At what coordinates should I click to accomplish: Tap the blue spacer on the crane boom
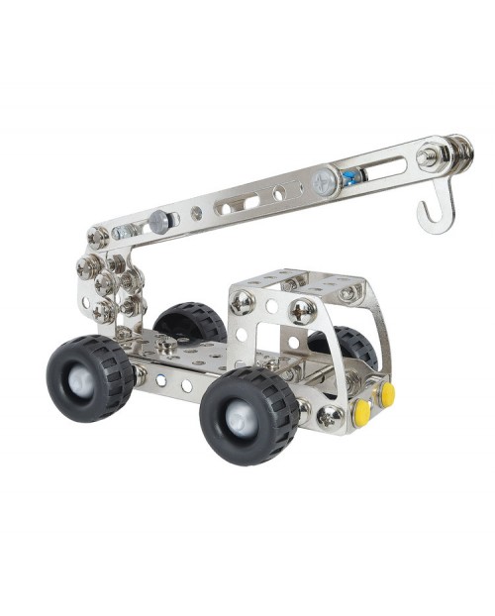pyautogui.click(x=349, y=177)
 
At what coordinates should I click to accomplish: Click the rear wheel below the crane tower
pyautogui.click(x=89, y=377)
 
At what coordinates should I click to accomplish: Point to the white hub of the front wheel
pyautogui.click(x=244, y=419)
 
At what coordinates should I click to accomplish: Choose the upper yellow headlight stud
pyautogui.click(x=387, y=394)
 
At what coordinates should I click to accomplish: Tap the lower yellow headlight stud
pyautogui.click(x=362, y=412)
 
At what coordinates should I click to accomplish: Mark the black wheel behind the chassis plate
pyautogui.click(x=191, y=322)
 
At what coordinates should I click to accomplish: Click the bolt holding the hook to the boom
pyautogui.click(x=429, y=156)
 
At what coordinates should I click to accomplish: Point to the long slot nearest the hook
pyautogui.click(x=384, y=167)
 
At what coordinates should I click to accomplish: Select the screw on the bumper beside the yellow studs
pyautogui.click(x=328, y=417)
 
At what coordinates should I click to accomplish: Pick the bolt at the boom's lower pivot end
pyautogui.click(x=97, y=237)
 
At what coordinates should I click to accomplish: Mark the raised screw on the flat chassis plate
pyautogui.click(x=163, y=347)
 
